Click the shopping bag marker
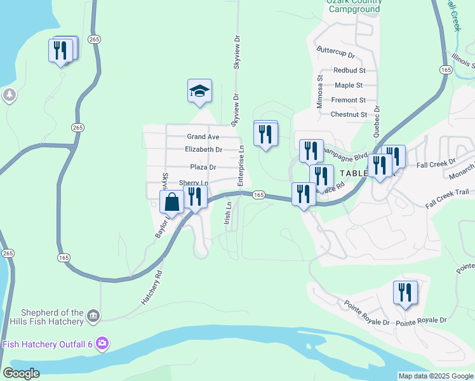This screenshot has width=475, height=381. click(172, 203)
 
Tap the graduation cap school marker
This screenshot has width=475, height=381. click(199, 91)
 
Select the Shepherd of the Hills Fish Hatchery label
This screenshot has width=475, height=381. click(52, 317)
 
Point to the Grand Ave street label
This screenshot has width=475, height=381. click(203, 137)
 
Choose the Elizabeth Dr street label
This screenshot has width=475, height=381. click(203, 150)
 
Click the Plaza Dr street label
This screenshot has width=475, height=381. click(203, 167)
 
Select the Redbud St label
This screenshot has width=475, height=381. click(349, 70)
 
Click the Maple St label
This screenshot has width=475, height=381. click(349, 85)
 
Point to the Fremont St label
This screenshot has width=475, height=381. click(349, 100)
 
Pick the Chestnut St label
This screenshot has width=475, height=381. click(349, 114)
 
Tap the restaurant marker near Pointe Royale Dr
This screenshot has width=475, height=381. click(405, 293)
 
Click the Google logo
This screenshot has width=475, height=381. click(21, 373)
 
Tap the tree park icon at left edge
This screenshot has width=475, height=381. click(9, 95)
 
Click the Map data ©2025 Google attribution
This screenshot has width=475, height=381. click(435, 376)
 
